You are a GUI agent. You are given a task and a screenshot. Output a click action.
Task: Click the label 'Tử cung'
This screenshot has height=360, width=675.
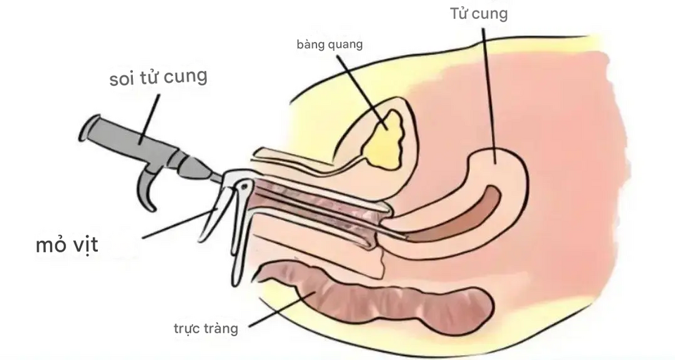[478, 14]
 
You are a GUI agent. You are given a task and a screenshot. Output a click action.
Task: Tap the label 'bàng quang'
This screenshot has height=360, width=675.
[330, 45]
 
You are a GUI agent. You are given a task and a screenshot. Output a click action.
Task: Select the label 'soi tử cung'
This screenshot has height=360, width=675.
[158, 78]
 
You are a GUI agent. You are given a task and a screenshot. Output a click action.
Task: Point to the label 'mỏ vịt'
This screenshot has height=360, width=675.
[67, 245]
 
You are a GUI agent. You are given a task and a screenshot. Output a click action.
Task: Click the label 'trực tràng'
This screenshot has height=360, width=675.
[206, 328]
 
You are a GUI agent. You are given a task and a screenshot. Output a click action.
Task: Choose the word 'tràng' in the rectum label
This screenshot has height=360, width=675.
[221, 328]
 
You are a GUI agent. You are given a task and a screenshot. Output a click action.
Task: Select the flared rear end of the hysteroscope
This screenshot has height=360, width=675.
[88, 129]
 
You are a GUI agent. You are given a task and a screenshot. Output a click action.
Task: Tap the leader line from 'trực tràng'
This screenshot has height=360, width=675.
[278, 310]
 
